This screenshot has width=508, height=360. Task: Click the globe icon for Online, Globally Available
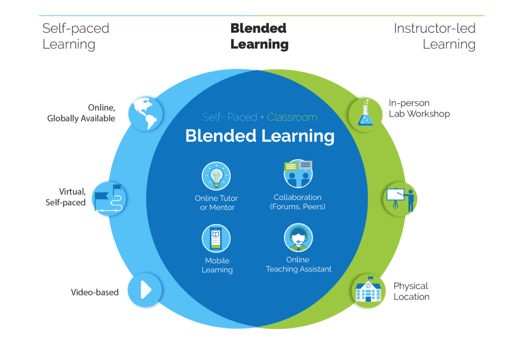pyautogui.click(x=145, y=114)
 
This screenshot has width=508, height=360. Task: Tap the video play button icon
pyautogui.click(x=145, y=290)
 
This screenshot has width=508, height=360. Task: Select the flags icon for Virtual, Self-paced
pyautogui.click(x=109, y=198)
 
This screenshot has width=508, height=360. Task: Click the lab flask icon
pyautogui.click(x=366, y=115)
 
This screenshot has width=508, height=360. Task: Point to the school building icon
pyautogui.click(x=369, y=291)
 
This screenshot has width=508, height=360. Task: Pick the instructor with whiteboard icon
pyautogui.click(x=400, y=199)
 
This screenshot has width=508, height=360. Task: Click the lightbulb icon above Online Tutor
pyautogui.click(x=216, y=176)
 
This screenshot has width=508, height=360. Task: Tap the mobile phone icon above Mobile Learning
pyautogui.click(x=216, y=239)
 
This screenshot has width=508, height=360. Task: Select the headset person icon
pyautogui.click(x=298, y=238)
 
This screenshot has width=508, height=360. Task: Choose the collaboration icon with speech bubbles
pyautogui.click(x=298, y=174)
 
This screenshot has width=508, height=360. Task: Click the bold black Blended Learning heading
pyautogui.click(x=259, y=36)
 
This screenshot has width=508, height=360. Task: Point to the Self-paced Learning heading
pyautogui.click(x=76, y=36)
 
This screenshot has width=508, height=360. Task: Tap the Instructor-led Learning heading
pyautogui.click(x=435, y=36)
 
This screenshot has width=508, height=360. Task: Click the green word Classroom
pyautogui.click(x=292, y=117)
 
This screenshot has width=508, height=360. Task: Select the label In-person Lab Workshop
pyautogui.click(x=419, y=109)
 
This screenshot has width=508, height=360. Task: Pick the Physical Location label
pyautogui.click(x=411, y=292)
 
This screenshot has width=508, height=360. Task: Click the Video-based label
pyautogui.click(x=95, y=293)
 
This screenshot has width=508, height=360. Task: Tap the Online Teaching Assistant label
pyautogui.click(x=298, y=264)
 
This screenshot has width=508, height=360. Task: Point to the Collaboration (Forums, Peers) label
pyautogui.click(x=298, y=202)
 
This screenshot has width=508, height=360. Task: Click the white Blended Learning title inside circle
pyautogui.click(x=260, y=136)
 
